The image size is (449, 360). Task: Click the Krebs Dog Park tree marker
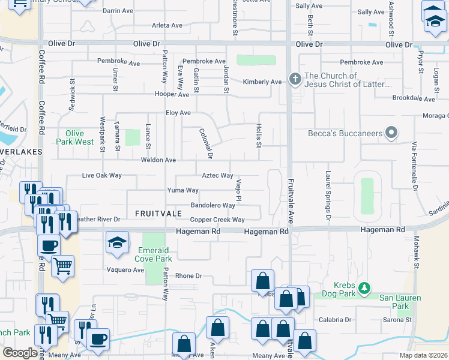(364, 289)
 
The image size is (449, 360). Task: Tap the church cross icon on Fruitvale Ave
(295, 79)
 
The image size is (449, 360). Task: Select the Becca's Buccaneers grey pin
(391, 133)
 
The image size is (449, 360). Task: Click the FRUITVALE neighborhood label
(158, 214)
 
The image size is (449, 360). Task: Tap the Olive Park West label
(76, 137)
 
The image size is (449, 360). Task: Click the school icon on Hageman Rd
(117, 243)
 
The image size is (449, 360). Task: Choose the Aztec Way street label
(217, 176)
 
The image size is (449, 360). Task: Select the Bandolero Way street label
(212, 205)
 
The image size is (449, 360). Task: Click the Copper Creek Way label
(217, 220)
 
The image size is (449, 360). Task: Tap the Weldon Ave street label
(158, 160)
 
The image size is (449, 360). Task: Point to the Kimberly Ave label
(262, 82)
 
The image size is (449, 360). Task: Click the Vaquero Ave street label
(125, 270)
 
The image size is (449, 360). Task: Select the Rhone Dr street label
(188, 276)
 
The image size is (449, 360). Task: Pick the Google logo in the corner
(20, 353)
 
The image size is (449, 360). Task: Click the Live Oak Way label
(101, 176)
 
